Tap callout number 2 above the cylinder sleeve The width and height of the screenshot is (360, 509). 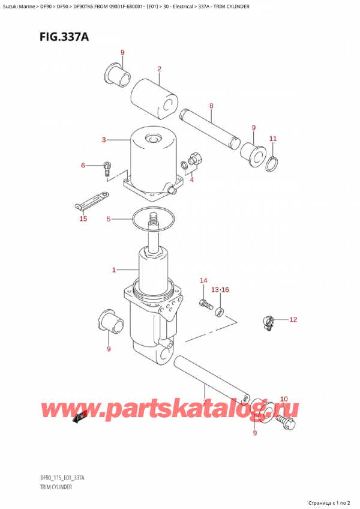pos(160,69)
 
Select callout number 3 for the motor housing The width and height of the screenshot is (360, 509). pos(104,140)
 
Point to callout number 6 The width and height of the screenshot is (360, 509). pos(83,165)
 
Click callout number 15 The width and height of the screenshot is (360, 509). pos(83,218)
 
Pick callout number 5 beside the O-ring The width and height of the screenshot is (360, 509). pos(109,219)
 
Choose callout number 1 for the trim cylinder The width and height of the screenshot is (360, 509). pos(113,270)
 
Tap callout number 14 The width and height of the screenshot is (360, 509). pos(203,281)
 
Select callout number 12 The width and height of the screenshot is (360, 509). pos(293,319)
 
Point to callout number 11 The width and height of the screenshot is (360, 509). pos(273,139)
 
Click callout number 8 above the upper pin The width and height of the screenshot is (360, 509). pos(211,106)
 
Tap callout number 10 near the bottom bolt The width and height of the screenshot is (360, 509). pos(284,399)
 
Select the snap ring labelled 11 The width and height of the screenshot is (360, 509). pos(273,160)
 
